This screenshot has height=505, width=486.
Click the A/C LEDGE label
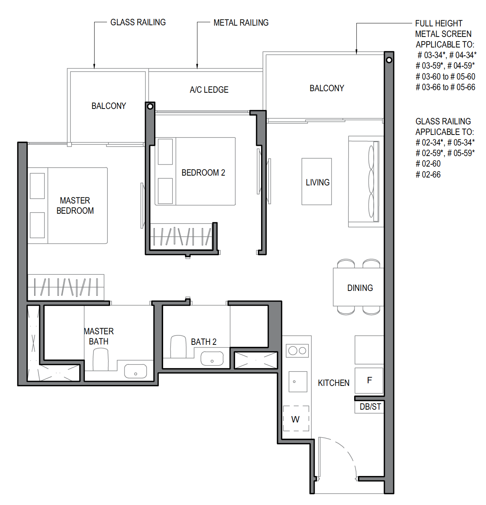(209, 90)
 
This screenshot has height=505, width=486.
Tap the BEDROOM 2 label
(203, 173)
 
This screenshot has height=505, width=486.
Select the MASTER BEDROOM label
(75, 205)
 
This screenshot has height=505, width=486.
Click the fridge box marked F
(369, 380)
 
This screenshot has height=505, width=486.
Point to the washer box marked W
(296, 419)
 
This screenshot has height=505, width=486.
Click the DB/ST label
(370, 407)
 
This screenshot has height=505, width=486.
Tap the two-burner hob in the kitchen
(297, 351)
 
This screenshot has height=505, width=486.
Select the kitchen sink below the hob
(298, 381)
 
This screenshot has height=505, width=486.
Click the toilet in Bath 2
(178, 347)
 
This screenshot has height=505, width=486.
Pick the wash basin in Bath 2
(212, 359)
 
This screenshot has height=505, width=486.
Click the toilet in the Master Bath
(101, 360)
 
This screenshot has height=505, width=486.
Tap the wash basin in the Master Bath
(136, 371)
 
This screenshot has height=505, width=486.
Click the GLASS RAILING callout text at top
(138, 22)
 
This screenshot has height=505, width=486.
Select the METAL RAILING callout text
(241, 23)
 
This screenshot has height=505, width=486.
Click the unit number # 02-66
(428, 174)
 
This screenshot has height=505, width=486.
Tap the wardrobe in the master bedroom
(66, 287)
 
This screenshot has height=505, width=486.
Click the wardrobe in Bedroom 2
(182, 236)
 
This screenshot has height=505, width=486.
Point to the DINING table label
(360, 288)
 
